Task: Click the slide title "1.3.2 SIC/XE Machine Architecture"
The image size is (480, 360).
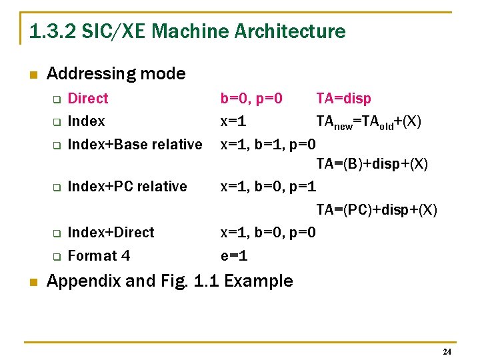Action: [x=187, y=31]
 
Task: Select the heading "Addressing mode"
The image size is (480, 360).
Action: [x=116, y=73]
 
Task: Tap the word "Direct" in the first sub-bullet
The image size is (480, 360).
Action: [x=88, y=99]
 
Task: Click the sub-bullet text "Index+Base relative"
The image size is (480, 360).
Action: [x=135, y=144]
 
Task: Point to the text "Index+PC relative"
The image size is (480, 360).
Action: [x=127, y=187]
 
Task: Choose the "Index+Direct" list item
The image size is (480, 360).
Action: [x=111, y=233]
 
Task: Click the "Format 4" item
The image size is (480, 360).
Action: [x=99, y=255]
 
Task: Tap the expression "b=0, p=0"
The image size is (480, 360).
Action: [x=251, y=99]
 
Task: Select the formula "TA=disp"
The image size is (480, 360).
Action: [x=343, y=99]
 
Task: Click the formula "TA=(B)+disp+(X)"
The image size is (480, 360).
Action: [x=372, y=163]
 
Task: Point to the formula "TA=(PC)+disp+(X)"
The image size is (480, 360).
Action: [x=377, y=210]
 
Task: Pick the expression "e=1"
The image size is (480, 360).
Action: [x=234, y=255]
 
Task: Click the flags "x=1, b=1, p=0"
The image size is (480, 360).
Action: [x=268, y=144]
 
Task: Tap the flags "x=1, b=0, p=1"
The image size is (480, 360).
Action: [x=268, y=187]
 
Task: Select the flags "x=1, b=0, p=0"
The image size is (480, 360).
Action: [x=268, y=233]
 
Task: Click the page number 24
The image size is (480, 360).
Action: [x=447, y=351]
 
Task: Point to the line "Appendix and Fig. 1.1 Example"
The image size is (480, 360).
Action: [x=169, y=281]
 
